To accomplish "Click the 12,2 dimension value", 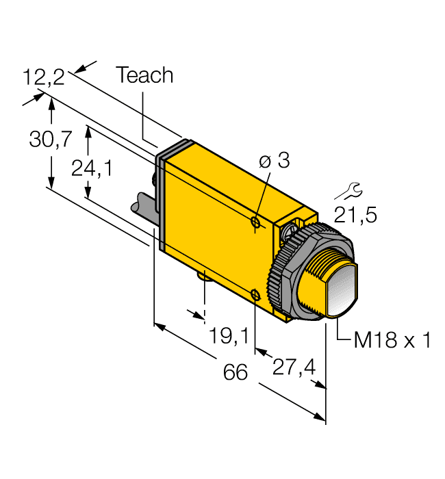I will pyautogui.click(x=43, y=77).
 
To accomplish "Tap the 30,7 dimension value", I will pyautogui.click(x=50, y=140).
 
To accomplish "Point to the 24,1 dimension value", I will pyautogui.click(x=92, y=168).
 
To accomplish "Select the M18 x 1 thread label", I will pyautogui.click(x=392, y=340).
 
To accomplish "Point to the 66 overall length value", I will pyautogui.click(x=236, y=372).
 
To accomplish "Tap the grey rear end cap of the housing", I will pyautogui.click(x=160, y=198).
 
